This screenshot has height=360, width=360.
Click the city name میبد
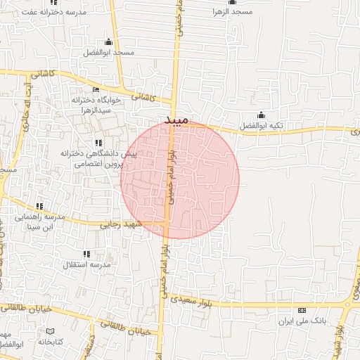pos(177,120)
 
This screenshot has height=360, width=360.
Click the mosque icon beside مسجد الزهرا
pos(214,2)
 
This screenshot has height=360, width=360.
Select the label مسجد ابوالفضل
pos(108,53)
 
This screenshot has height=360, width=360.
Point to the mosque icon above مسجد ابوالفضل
pos(108,42)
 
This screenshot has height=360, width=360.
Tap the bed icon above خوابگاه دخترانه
pos(96,89)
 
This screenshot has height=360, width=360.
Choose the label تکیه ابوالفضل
pos(261,126)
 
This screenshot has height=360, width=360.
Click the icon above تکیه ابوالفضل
pos(261,115)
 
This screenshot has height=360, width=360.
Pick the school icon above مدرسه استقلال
pos(86,253)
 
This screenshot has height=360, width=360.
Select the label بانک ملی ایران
pos(303,321)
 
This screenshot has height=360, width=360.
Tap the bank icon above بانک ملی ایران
pos(302,310)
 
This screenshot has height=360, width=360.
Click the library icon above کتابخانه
pos(50,330)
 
